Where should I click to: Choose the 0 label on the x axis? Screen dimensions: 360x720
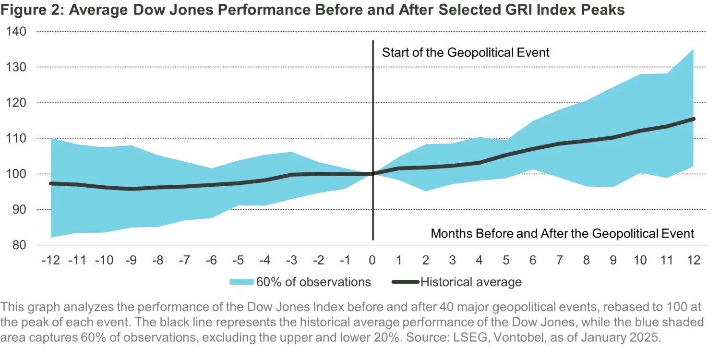(372, 260)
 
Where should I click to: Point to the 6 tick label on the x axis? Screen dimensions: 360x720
(534, 260)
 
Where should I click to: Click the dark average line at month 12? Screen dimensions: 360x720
(696, 118)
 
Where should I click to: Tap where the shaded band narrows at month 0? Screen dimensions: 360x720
(372, 173)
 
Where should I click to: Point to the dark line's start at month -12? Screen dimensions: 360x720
(48, 183)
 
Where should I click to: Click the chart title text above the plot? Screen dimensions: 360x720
(312, 10)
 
